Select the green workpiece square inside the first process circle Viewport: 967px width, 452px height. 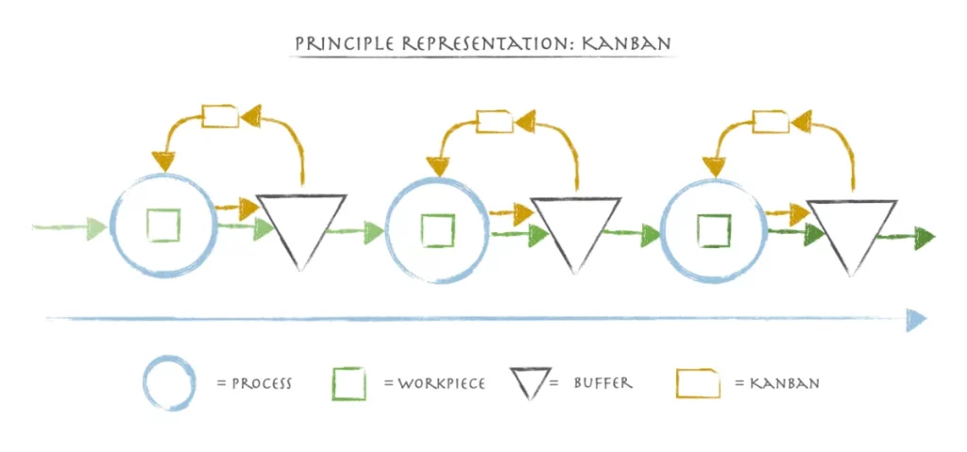tap(163, 226)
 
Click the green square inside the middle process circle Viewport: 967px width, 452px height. tap(438, 230)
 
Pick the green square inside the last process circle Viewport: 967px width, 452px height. tap(714, 230)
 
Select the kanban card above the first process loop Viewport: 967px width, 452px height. tap(220, 116)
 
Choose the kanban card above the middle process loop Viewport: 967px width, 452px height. tap(495, 121)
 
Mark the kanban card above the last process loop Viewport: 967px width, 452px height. tap(771, 121)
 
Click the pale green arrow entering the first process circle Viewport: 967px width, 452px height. tap(70, 227)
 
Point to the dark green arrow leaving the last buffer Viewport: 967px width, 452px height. tap(906, 238)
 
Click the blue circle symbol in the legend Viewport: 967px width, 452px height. tap(170, 383)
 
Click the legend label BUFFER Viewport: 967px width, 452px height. tap(602, 382)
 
